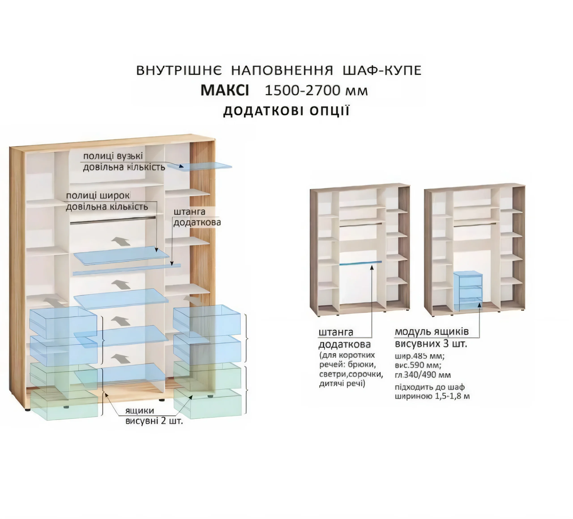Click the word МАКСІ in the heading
click(x=224, y=90)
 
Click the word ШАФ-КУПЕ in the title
click(x=382, y=70)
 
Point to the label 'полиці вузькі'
click(x=113, y=156)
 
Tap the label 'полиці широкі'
click(x=98, y=196)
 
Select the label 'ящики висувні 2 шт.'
click(x=154, y=416)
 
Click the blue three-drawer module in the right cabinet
click(x=468, y=291)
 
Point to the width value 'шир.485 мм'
click(x=419, y=356)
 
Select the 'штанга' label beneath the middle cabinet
click(x=336, y=332)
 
